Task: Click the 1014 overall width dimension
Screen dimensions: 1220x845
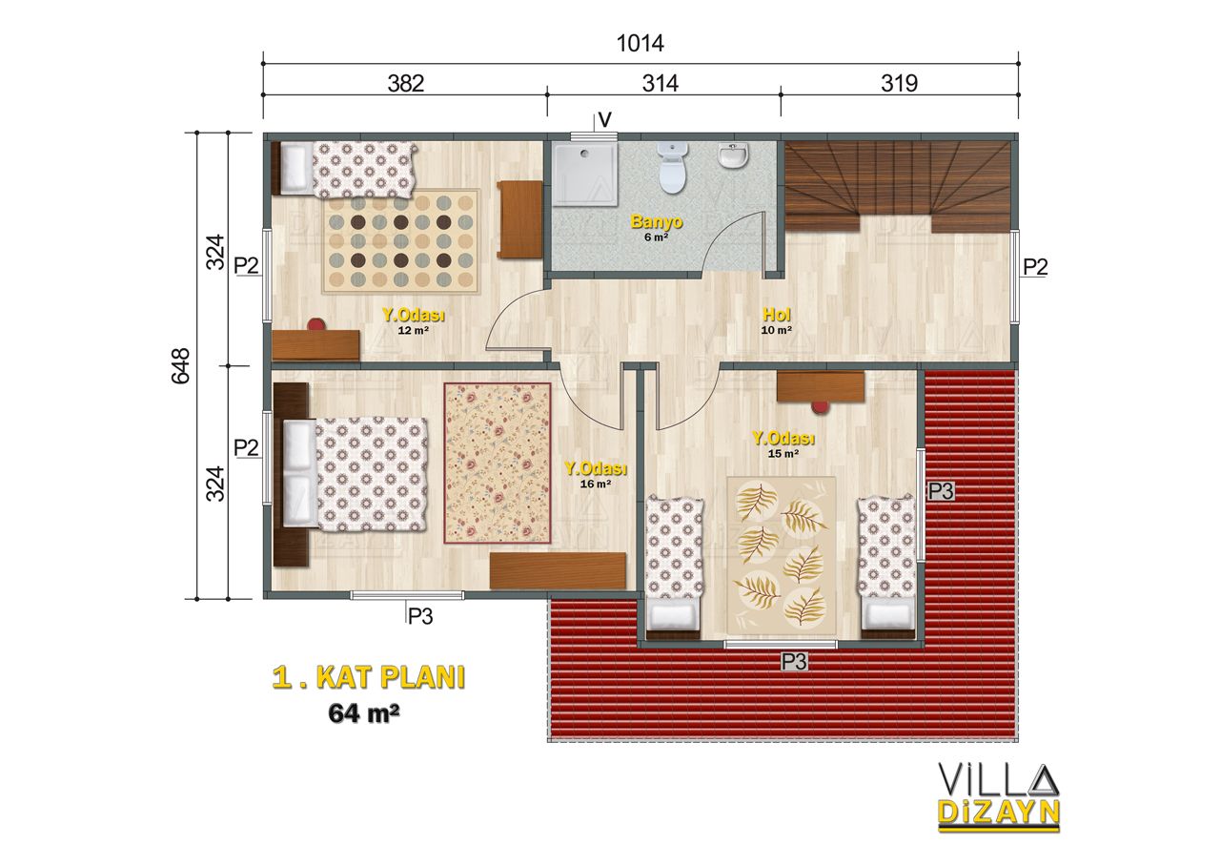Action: pyautogui.click(x=640, y=44)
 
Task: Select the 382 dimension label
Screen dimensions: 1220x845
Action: pyautogui.click(x=406, y=83)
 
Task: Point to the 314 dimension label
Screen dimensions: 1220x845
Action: pyautogui.click(x=661, y=83)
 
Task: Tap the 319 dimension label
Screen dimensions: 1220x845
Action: pyautogui.click(x=899, y=83)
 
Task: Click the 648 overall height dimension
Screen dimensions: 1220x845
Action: pyautogui.click(x=181, y=366)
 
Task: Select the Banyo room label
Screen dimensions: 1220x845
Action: pyautogui.click(x=657, y=221)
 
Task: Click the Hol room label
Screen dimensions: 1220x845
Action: pyautogui.click(x=776, y=314)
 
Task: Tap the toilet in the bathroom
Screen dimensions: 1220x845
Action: pyautogui.click(x=673, y=168)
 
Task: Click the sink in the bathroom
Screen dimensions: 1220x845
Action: pyautogui.click(x=733, y=155)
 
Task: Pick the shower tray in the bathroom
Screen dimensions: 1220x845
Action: pyautogui.click(x=585, y=174)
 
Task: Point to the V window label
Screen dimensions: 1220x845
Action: pyautogui.click(x=604, y=120)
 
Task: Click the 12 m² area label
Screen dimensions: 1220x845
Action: pyautogui.click(x=414, y=330)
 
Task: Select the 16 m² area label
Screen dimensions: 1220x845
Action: pyautogui.click(x=596, y=484)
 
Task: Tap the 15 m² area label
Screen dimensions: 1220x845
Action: pyautogui.click(x=783, y=454)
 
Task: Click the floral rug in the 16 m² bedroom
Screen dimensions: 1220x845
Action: pyautogui.click(x=498, y=464)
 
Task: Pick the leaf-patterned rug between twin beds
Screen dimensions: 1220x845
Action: pyautogui.click(x=781, y=555)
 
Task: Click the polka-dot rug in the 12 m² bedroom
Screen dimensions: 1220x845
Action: pyautogui.click(x=401, y=241)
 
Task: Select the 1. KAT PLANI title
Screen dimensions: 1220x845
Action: pyautogui.click(x=369, y=678)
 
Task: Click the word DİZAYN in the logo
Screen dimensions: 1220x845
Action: pyautogui.click(x=998, y=813)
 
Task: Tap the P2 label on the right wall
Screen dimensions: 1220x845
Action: pyautogui.click(x=1035, y=267)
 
